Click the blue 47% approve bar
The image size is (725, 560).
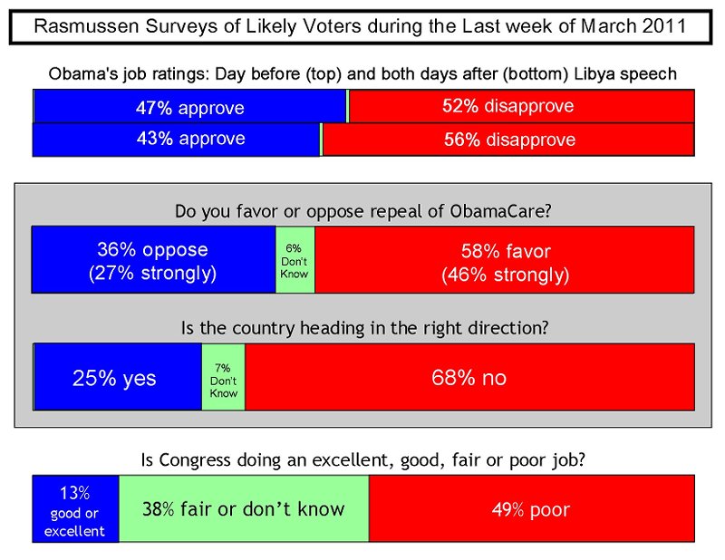pyautogui.click(x=189, y=108)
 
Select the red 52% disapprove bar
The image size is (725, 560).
pyautogui.click(x=521, y=107)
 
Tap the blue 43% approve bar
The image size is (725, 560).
pyautogui.click(x=177, y=140)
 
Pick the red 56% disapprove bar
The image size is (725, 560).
pyautogui.click(x=508, y=140)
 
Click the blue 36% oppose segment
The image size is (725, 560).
pyautogui.click(x=153, y=261)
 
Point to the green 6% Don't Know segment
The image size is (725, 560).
pyautogui.click(x=295, y=261)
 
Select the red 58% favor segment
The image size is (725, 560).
pyautogui.click(x=504, y=261)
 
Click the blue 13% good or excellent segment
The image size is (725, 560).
pyautogui.click(x=76, y=509)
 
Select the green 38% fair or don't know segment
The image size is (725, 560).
pyautogui.click(x=244, y=509)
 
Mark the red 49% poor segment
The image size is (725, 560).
pyautogui.click(x=531, y=509)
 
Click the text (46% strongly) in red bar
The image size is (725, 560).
pyautogui.click(x=504, y=274)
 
